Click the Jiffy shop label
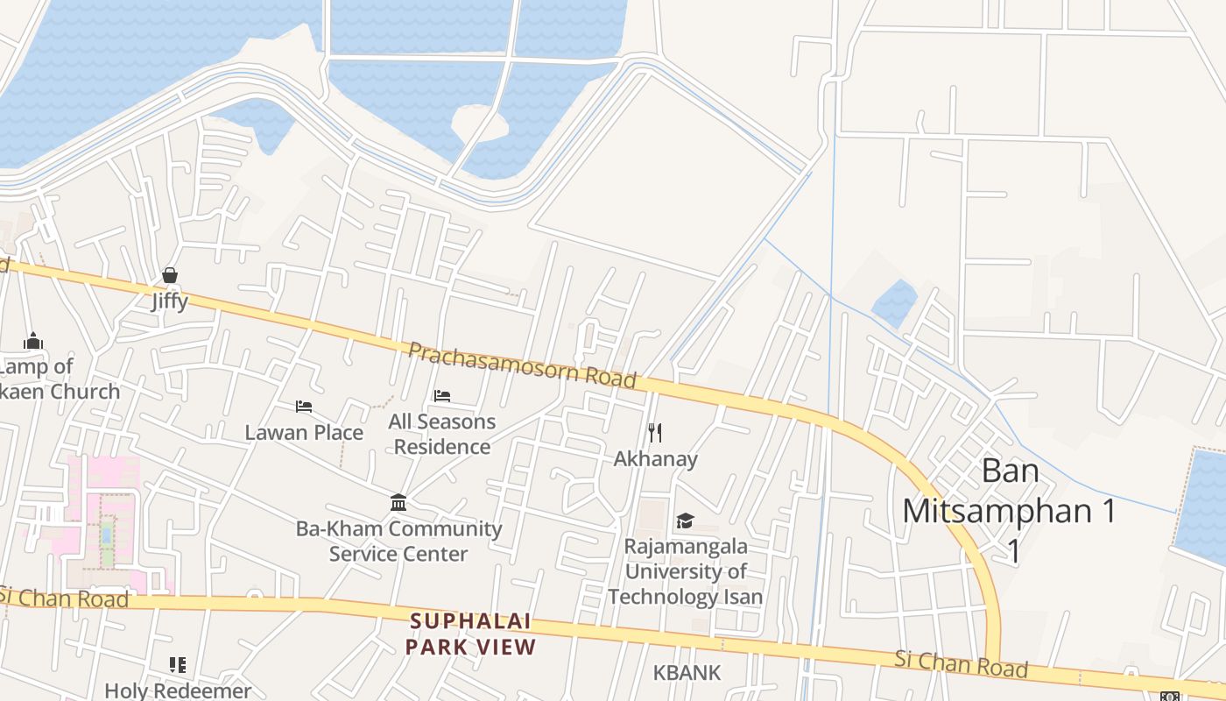tap(169, 301)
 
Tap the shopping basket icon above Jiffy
tap(170, 276)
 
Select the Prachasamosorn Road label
tap(522, 365)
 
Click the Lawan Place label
tap(304, 432)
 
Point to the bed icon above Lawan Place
tap(304, 407)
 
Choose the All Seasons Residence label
tap(442, 434)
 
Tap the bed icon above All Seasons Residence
tap(442, 396)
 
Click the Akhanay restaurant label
tap(655, 458)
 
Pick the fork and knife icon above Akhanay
tap(655, 433)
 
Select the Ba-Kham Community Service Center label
tap(398, 541)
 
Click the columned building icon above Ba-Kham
tap(398, 503)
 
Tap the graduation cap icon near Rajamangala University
tap(685, 521)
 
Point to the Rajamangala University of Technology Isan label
tap(685, 571)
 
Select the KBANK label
tap(687, 673)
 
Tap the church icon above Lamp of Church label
tap(33, 341)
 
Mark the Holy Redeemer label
tap(178, 690)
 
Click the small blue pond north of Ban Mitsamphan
tap(894, 303)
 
